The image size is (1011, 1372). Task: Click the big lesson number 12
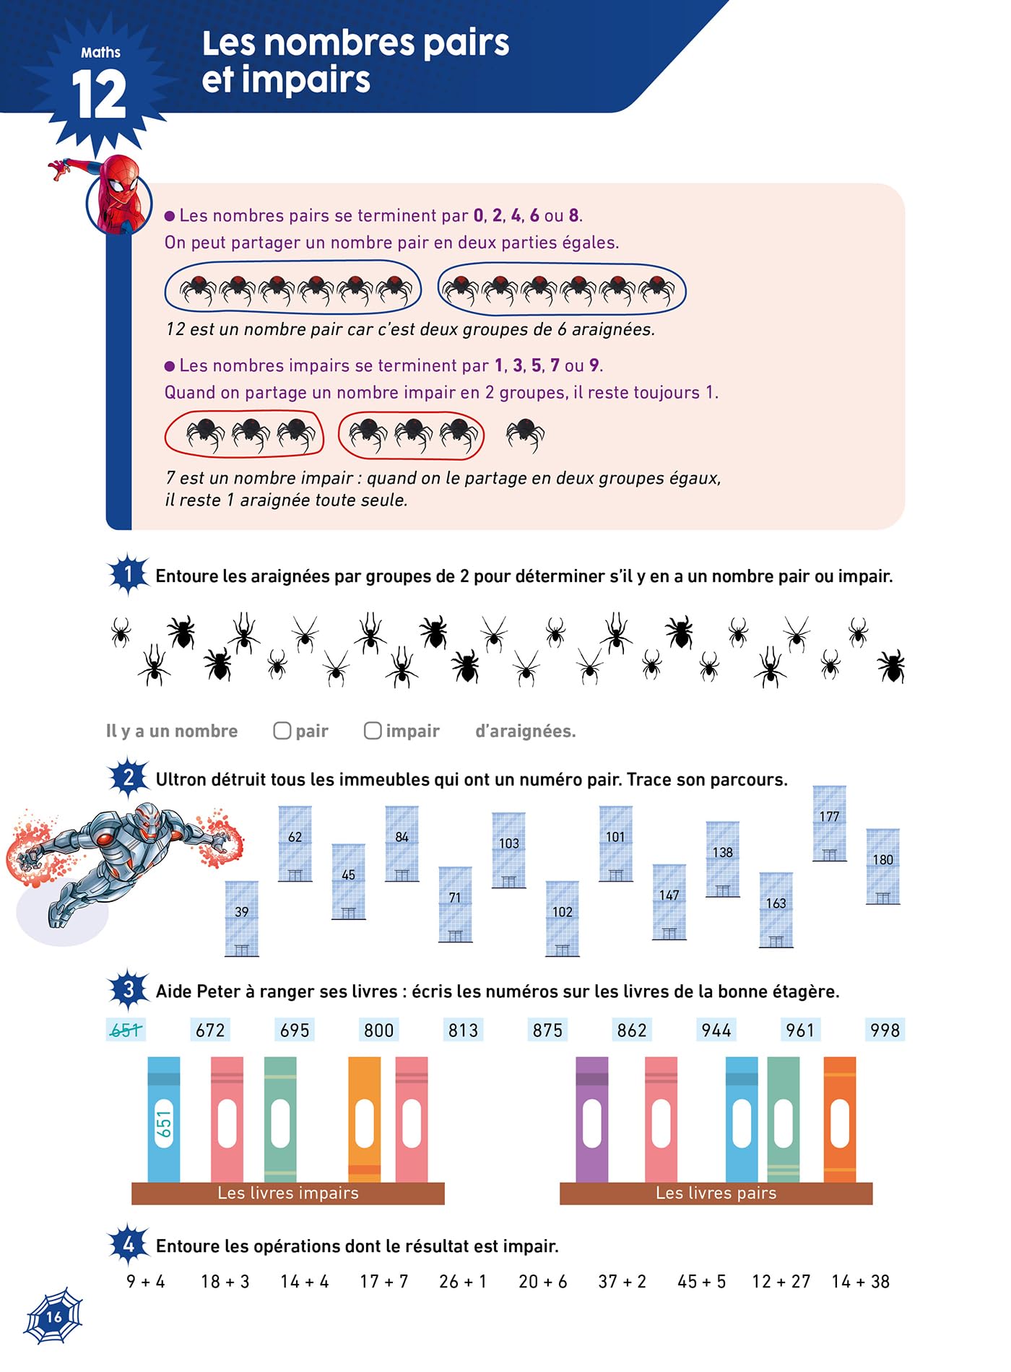pyautogui.click(x=99, y=95)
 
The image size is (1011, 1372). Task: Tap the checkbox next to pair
pyautogui.click(x=282, y=731)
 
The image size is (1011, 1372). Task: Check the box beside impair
pyautogui.click(x=373, y=731)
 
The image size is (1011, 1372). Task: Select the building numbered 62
pyautogui.click(x=295, y=843)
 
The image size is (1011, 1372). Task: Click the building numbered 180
pyautogui.click(x=882, y=867)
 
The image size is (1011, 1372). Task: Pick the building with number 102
pyautogui.click(x=563, y=919)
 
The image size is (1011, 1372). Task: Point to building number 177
pyautogui.click(x=829, y=823)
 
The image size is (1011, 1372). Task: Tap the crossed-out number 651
pyautogui.click(x=126, y=1030)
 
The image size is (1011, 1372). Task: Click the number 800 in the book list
pyautogui.click(x=379, y=1030)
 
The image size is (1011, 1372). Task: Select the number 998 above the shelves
pyautogui.click(x=885, y=1030)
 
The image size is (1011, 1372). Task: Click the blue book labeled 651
pyautogui.click(x=164, y=1119)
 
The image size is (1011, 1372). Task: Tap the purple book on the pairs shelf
pyautogui.click(x=592, y=1119)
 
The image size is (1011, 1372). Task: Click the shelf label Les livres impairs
pyautogui.click(x=288, y=1193)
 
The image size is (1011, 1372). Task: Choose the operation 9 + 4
pyautogui.click(x=146, y=1282)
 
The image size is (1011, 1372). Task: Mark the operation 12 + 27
pyautogui.click(x=781, y=1282)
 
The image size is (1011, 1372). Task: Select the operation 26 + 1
pyautogui.click(x=463, y=1282)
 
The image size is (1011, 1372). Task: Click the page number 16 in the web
pyautogui.click(x=54, y=1316)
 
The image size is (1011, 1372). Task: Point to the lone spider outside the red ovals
pyautogui.click(x=525, y=435)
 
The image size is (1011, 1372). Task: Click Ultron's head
pyautogui.click(x=149, y=821)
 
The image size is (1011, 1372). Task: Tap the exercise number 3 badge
pyautogui.click(x=129, y=989)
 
